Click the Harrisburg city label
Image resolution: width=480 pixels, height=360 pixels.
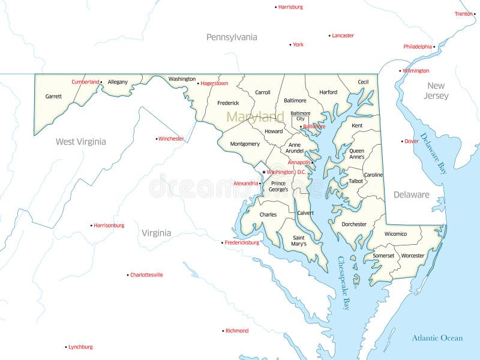(x=290, y=7)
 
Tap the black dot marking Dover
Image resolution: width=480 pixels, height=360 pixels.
(x=402, y=142)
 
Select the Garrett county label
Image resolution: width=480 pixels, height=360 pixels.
(x=53, y=96)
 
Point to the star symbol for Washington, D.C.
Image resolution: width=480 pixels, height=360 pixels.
(x=263, y=172)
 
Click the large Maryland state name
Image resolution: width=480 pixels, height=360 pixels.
(x=255, y=116)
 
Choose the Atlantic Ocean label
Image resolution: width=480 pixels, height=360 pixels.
(x=437, y=338)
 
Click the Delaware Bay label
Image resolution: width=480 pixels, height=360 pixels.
(x=434, y=154)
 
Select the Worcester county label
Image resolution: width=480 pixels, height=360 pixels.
(x=413, y=256)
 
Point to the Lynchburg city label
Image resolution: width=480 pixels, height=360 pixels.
(x=80, y=347)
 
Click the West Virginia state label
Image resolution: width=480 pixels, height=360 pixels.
(x=80, y=142)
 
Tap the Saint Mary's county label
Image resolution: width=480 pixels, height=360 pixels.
(x=298, y=241)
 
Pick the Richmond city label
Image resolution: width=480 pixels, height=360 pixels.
(x=236, y=331)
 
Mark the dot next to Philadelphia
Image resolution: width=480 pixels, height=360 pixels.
(x=434, y=46)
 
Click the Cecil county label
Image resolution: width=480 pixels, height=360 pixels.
(x=363, y=82)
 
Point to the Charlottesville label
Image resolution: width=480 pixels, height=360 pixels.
(x=146, y=275)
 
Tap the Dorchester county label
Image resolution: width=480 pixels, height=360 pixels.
(x=354, y=224)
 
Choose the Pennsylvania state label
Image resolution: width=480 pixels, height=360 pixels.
(x=232, y=37)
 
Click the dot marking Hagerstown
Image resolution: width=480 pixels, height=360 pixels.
(x=198, y=83)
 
